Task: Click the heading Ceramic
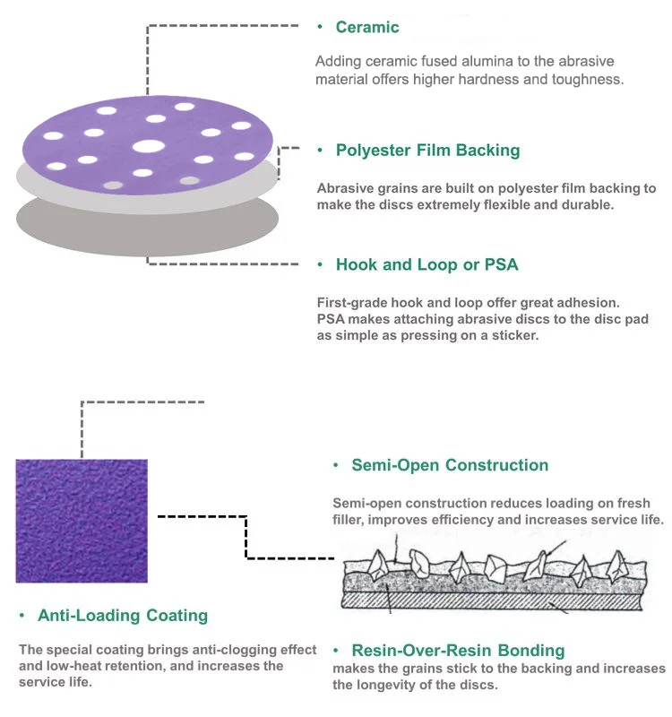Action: (367, 28)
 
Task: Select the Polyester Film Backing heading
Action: (427, 151)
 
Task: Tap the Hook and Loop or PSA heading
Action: (426, 265)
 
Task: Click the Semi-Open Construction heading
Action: (450, 465)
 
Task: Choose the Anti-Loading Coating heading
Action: (123, 616)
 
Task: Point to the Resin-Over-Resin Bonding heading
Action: (458, 651)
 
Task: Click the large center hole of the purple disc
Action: (148, 146)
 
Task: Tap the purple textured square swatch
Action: (82, 521)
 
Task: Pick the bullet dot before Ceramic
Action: (320, 28)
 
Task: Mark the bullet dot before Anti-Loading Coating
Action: (22, 617)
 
